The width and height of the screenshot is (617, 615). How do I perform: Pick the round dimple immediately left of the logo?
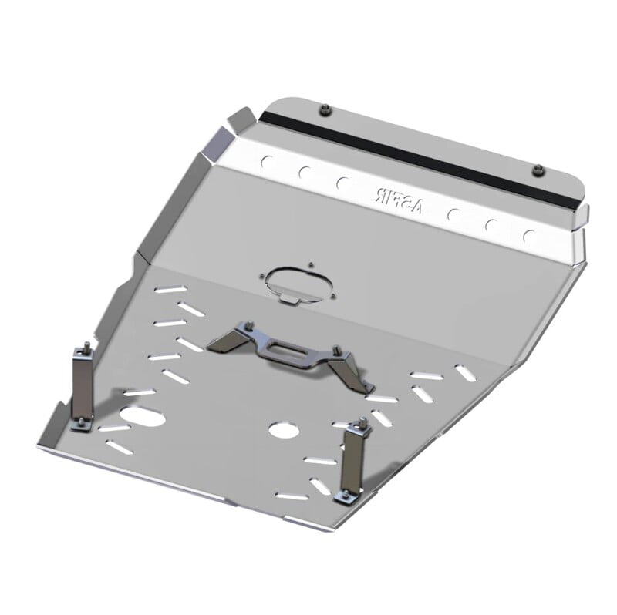click(343, 184)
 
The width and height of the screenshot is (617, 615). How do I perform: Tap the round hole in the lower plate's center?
click(285, 429)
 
